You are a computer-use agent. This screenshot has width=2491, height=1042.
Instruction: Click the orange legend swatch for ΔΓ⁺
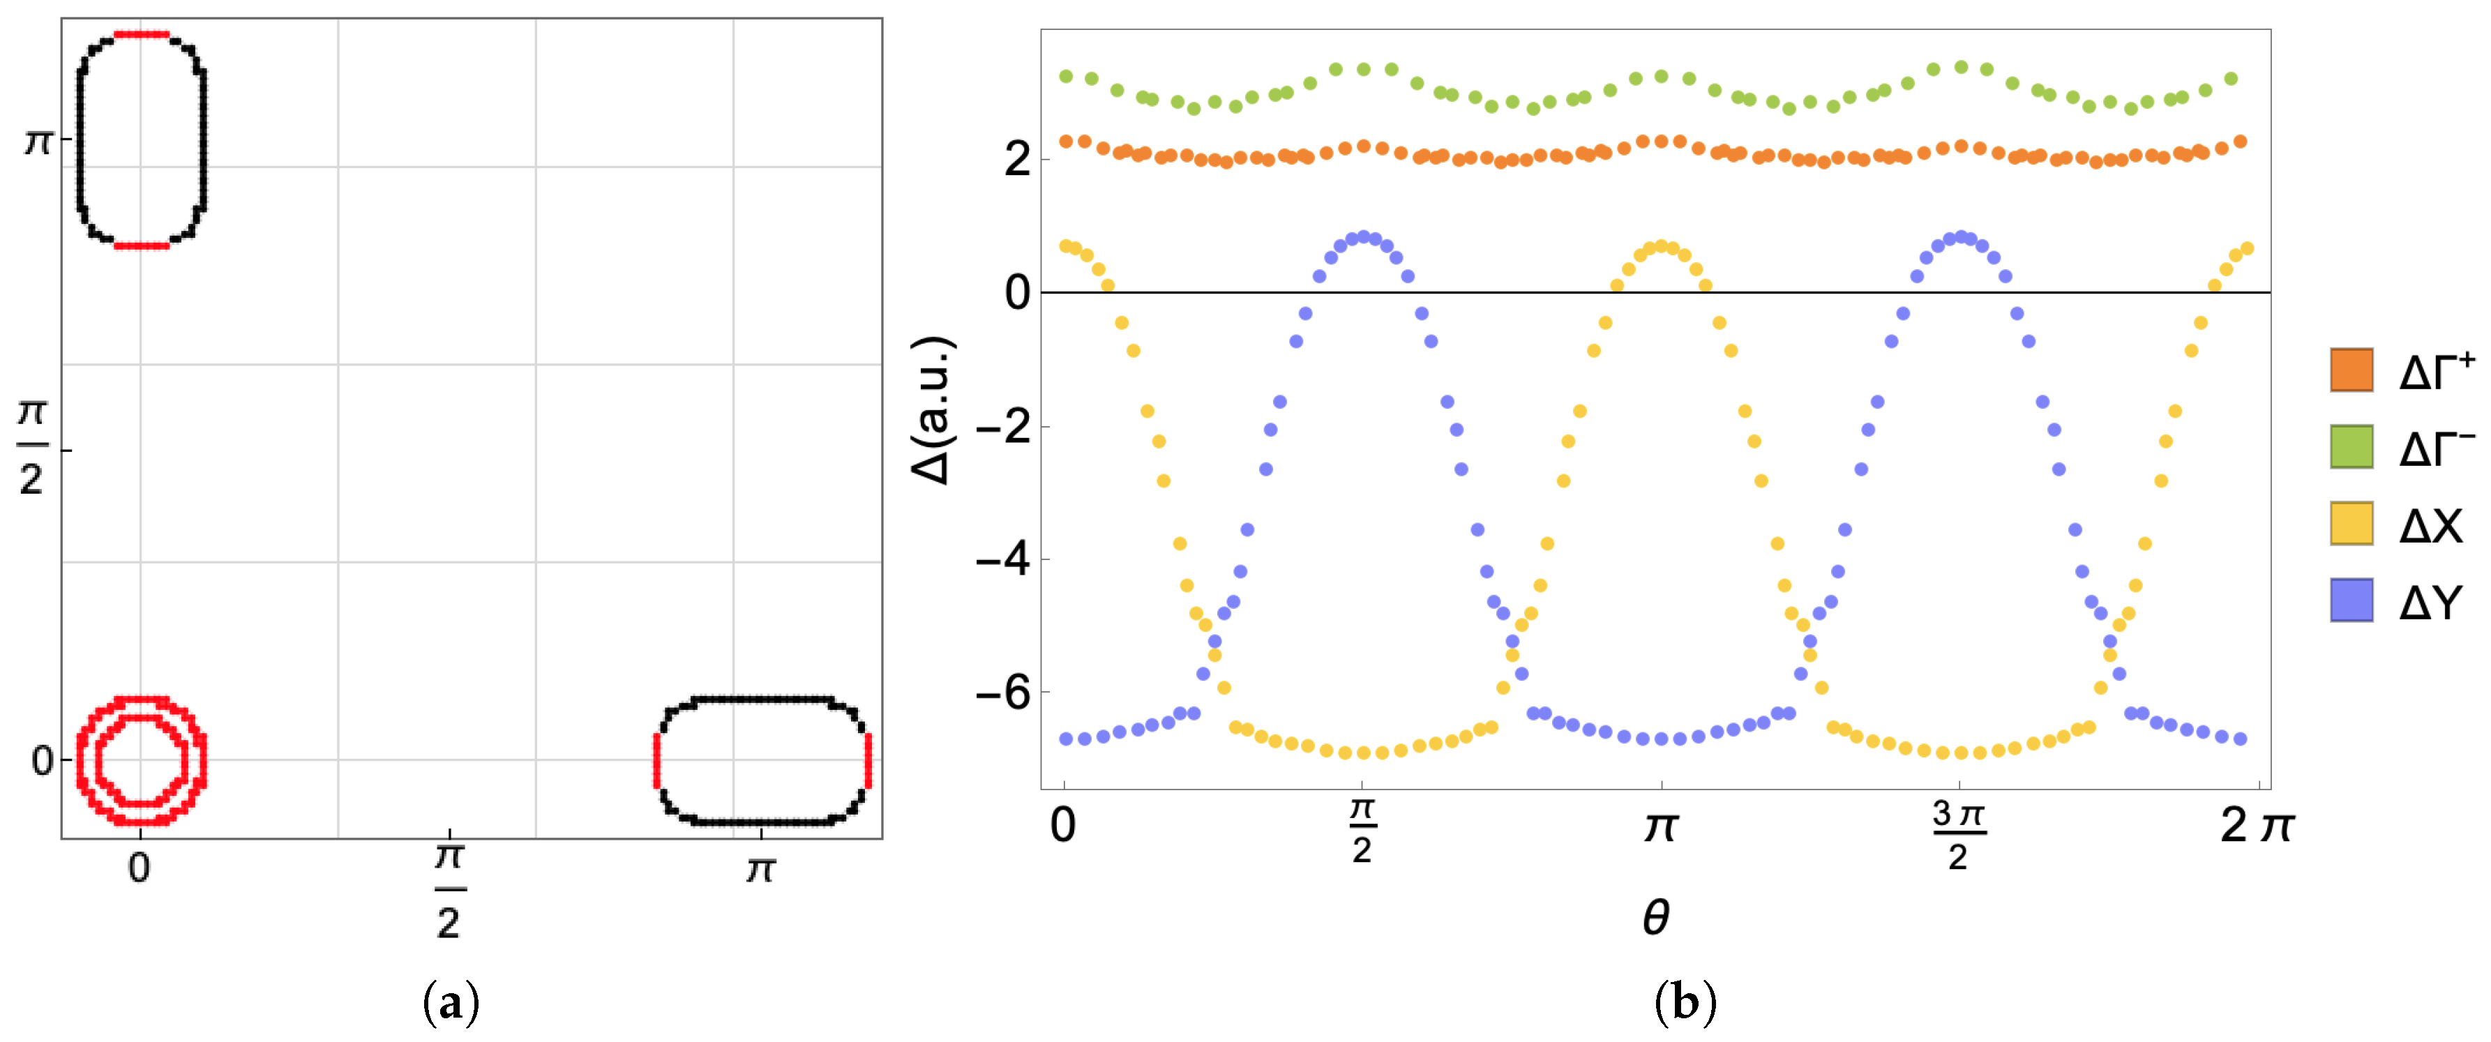(2351, 370)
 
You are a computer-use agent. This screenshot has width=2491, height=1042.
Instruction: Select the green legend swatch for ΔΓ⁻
(2351, 446)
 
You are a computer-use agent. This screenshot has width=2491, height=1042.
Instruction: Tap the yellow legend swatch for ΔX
(2351, 523)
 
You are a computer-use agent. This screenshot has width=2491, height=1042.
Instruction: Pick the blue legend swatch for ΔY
(2351, 601)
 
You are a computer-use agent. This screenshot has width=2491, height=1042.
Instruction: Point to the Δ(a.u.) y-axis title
(933, 410)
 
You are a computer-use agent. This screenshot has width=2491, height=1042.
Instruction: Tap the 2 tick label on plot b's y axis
(1016, 160)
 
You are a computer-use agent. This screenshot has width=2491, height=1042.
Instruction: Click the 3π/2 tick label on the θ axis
(1958, 836)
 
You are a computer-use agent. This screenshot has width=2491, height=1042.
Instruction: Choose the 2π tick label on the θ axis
(2256, 826)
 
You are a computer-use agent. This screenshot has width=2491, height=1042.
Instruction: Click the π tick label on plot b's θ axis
(1660, 827)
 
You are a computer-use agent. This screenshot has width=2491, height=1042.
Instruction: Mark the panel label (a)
(451, 1004)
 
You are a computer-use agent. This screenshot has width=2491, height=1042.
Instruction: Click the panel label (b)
(1685, 1004)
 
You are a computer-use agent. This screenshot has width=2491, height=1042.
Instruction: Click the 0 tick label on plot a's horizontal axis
(140, 868)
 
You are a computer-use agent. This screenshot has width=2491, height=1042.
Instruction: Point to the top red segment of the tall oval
(141, 35)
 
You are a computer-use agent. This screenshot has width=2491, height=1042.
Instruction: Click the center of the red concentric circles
(141, 760)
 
